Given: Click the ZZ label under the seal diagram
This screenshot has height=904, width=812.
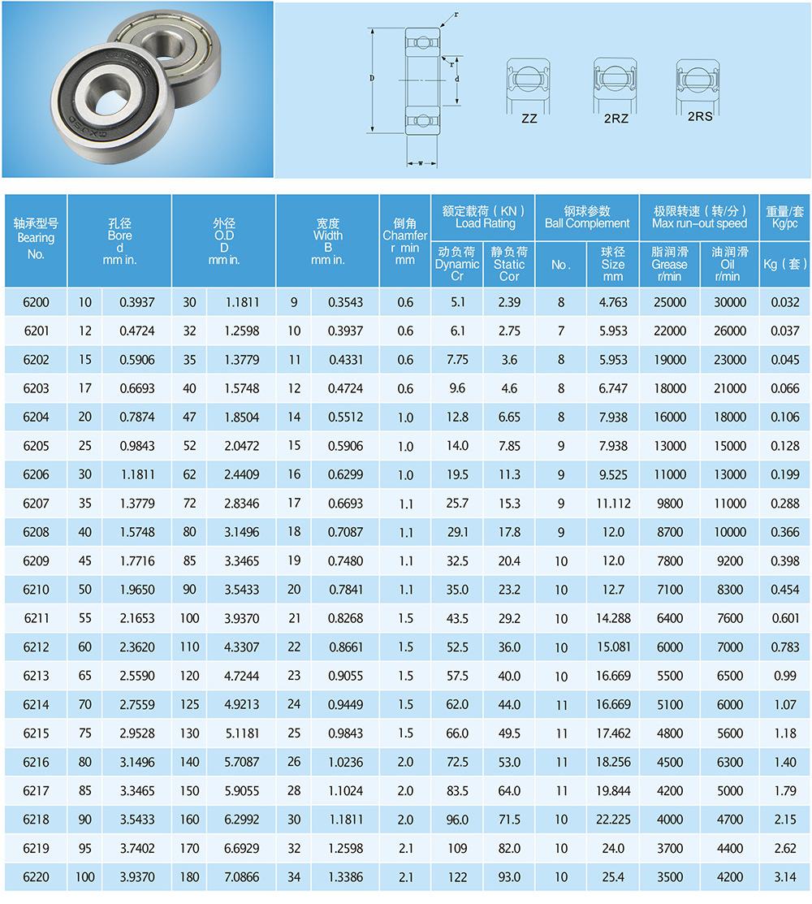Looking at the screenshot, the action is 529,119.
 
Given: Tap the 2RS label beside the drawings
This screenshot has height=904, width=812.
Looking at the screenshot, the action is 700,116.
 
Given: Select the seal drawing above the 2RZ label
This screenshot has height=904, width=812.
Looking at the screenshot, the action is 615,84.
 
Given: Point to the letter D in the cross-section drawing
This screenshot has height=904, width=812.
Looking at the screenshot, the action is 372,79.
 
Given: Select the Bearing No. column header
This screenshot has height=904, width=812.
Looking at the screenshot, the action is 36,238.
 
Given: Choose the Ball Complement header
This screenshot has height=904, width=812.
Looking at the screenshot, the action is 587,218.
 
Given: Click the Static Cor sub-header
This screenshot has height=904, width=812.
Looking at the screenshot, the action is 509,264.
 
